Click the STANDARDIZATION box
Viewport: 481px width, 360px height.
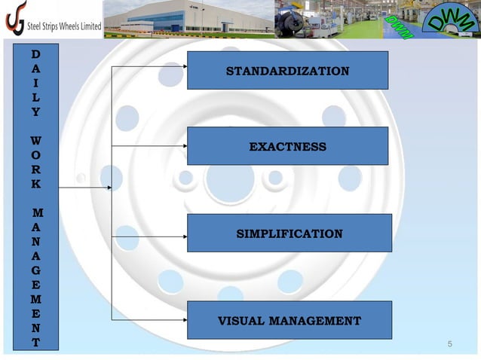pos(287,71)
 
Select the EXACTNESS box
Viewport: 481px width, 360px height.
pos(287,146)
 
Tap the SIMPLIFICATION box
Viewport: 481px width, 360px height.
pos(289,233)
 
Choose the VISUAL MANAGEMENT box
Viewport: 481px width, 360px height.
pos(289,321)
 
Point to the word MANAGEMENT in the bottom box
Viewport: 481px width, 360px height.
pos(317,321)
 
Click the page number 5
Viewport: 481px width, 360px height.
pos(450,345)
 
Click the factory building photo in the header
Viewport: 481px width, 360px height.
pos(188,18)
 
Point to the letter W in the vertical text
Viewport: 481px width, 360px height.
pos(36,140)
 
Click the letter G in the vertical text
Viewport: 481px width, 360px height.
pos(36,269)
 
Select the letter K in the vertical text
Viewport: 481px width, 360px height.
pos(36,184)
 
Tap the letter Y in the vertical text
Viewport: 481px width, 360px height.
pos(36,111)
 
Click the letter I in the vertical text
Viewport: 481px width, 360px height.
pos(36,82)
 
